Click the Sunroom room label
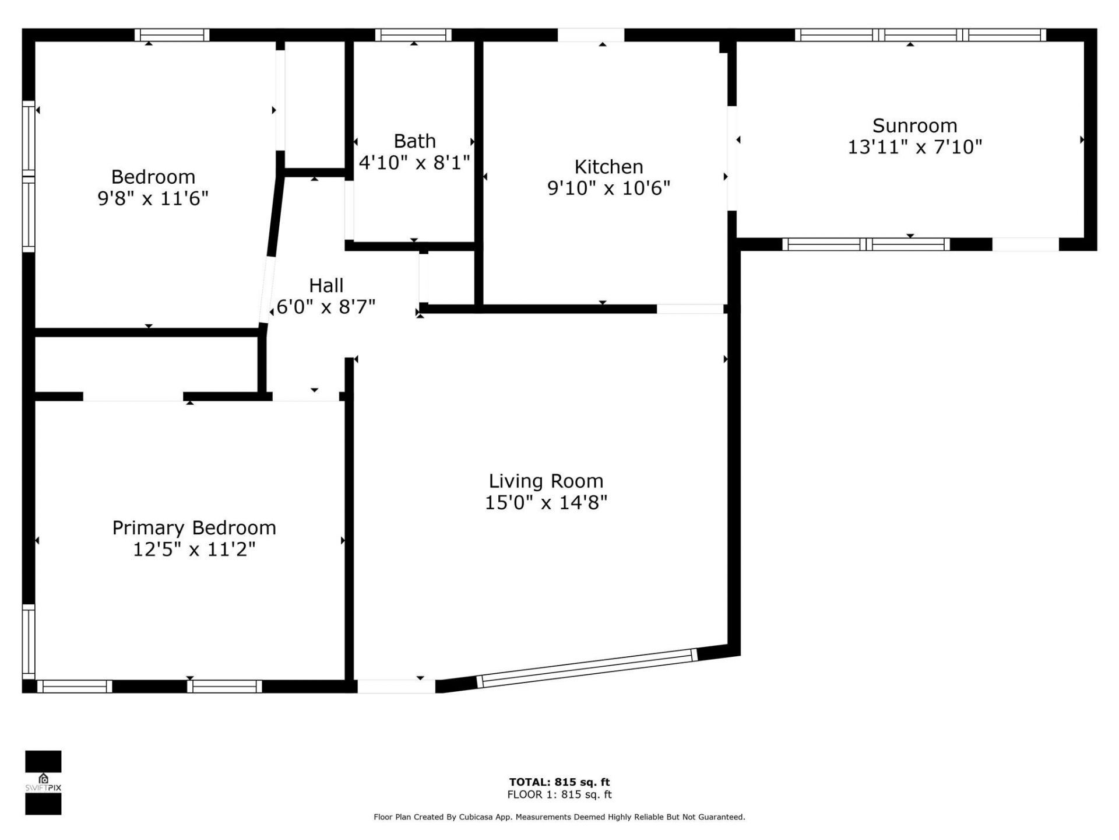coord(914,126)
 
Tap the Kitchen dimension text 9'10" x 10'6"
coord(608,188)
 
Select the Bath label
coord(414,141)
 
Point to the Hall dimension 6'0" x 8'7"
coord(326,307)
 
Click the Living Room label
coord(546,481)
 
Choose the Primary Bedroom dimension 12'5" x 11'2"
coord(194,549)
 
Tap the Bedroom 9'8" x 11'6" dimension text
coord(153,199)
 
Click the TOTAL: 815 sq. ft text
coord(559,782)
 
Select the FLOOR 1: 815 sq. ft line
coord(559,794)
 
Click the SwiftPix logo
coord(43,782)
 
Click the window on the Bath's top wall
coord(413,35)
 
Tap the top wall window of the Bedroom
coord(172,35)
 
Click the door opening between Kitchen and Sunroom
coord(732,157)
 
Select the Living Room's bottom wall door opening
coord(396,687)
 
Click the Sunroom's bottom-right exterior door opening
coord(1025,244)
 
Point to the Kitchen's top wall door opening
coord(590,35)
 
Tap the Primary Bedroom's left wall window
coord(28,642)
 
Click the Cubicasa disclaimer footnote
coord(559,817)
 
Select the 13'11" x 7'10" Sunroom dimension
coord(914,147)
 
